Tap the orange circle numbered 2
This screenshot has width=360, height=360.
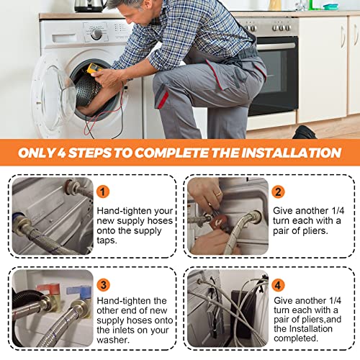(x=279, y=192)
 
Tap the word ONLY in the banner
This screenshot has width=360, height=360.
(x=40, y=153)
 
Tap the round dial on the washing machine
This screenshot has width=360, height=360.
(x=96, y=34)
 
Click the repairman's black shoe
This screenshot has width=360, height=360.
(x=304, y=132)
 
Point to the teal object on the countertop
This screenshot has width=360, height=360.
(x=330, y=6)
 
